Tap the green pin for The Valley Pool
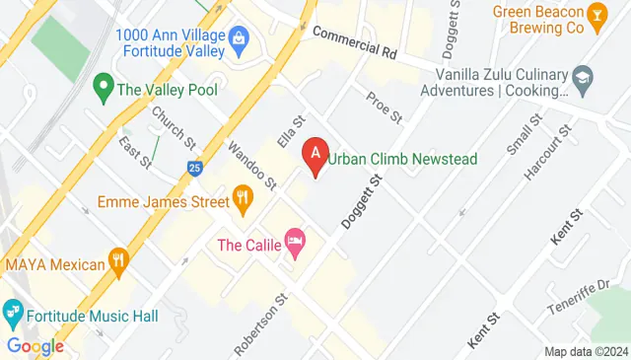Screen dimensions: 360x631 [101, 87]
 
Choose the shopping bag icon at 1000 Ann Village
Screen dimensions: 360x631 [238, 39]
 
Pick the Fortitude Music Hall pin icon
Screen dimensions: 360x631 [13, 314]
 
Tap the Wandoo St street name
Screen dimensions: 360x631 [251, 163]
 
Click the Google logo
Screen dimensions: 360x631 [35, 345]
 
